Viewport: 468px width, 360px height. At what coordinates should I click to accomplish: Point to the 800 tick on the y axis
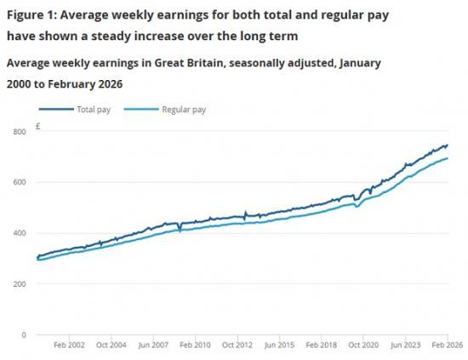(19, 131)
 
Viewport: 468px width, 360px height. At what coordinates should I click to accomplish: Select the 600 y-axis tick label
(19, 182)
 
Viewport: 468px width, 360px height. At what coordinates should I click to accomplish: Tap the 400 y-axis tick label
(19, 233)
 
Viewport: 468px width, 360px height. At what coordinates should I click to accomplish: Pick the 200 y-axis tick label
(19, 283)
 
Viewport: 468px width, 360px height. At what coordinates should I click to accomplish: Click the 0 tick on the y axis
(24, 334)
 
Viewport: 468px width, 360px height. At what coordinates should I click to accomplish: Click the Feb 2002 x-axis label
(69, 346)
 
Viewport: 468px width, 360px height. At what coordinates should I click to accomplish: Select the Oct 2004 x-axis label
(111, 346)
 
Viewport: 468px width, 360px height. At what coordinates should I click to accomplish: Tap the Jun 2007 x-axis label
(152, 346)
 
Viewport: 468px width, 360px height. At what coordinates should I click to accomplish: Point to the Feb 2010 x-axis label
(195, 346)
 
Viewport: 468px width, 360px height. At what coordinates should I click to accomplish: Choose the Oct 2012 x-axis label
(237, 346)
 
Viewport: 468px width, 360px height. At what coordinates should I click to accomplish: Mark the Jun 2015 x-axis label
(279, 346)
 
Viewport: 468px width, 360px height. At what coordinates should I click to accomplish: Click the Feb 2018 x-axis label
(321, 346)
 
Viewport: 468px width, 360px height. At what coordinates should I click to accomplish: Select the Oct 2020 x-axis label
(363, 346)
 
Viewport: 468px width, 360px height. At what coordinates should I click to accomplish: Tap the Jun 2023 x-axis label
(406, 346)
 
